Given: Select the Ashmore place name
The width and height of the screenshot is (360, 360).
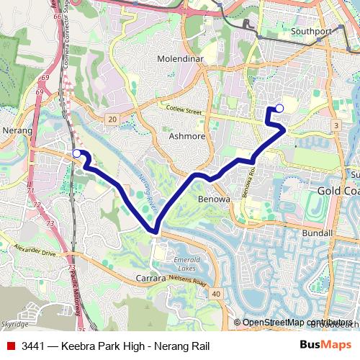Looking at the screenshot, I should pyautogui.click(x=186, y=135).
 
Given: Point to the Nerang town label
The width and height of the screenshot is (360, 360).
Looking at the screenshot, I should pyautogui.click(x=18, y=131).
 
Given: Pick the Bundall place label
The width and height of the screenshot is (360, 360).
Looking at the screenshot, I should pyautogui.click(x=318, y=233).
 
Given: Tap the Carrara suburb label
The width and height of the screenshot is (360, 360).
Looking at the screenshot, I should pyautogui.click(x=151, y=277).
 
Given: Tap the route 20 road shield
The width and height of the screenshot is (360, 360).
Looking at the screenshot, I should pyautogui.click(x=112, y=119).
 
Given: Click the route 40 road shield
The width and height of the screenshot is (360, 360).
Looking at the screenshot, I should pyautogui.click(x=216, y=294).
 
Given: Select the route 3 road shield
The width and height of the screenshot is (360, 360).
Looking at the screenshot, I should pyautogui.click(x=336, y=126).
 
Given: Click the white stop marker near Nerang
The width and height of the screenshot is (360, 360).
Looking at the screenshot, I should pyautogui.click(x=77, y=153).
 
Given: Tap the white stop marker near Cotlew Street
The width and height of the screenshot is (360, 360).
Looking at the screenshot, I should pyautogui.click(x=279, y=109).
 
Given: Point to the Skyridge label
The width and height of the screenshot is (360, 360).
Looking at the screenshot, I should pyautogui.click(x=14, y=325).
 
